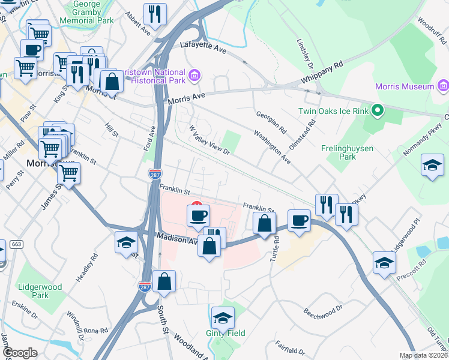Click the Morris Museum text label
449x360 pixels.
click(404, 86)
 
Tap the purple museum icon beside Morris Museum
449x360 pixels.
click(444, 86)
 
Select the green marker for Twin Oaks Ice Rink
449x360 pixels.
click(377, 110)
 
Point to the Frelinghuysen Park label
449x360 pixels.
click(347, 152)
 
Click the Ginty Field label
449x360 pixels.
click(225, 333)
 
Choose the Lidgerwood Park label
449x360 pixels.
click(40, 291)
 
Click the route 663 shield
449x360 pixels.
click(16, 244)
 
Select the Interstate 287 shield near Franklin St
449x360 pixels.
click(155, 173)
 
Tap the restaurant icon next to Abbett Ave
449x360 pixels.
click(155, 14)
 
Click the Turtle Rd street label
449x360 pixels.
click(277, 247)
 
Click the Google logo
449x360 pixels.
click(19, 353)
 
